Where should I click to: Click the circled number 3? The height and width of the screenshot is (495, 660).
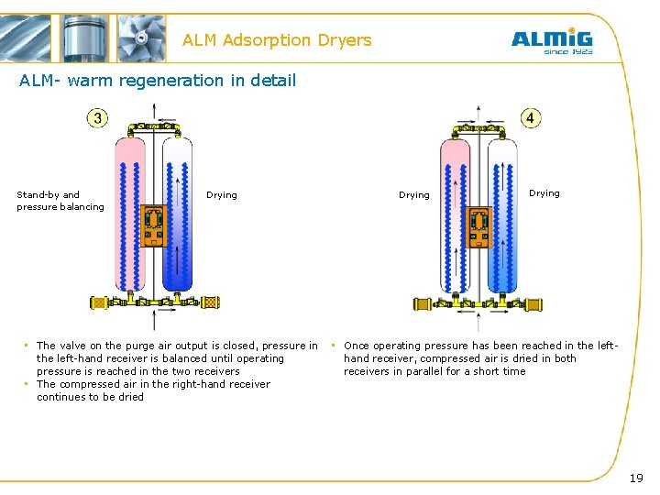[97, 117]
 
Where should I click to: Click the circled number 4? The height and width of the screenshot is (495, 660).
[531, 117]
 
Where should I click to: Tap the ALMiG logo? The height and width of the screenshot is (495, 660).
[551, 38]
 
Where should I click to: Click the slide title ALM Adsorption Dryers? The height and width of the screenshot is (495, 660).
[277, 40]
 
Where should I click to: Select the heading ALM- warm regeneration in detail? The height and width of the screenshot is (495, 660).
[158, 81]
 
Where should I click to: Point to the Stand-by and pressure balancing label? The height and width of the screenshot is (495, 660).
[60, 201]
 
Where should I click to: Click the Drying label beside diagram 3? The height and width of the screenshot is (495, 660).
[222, 194]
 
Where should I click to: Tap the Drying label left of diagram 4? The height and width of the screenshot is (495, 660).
[414, 194]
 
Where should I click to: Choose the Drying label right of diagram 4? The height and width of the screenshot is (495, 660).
[544, 192]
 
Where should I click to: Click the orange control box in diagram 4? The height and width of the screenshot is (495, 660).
[478, 226]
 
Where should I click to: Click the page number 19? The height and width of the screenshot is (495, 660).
[636, 478]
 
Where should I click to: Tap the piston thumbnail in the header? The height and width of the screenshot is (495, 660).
[85, 38]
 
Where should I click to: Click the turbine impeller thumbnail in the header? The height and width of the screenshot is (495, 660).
[142, 38]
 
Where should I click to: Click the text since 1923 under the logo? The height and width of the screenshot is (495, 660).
[568, 51]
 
